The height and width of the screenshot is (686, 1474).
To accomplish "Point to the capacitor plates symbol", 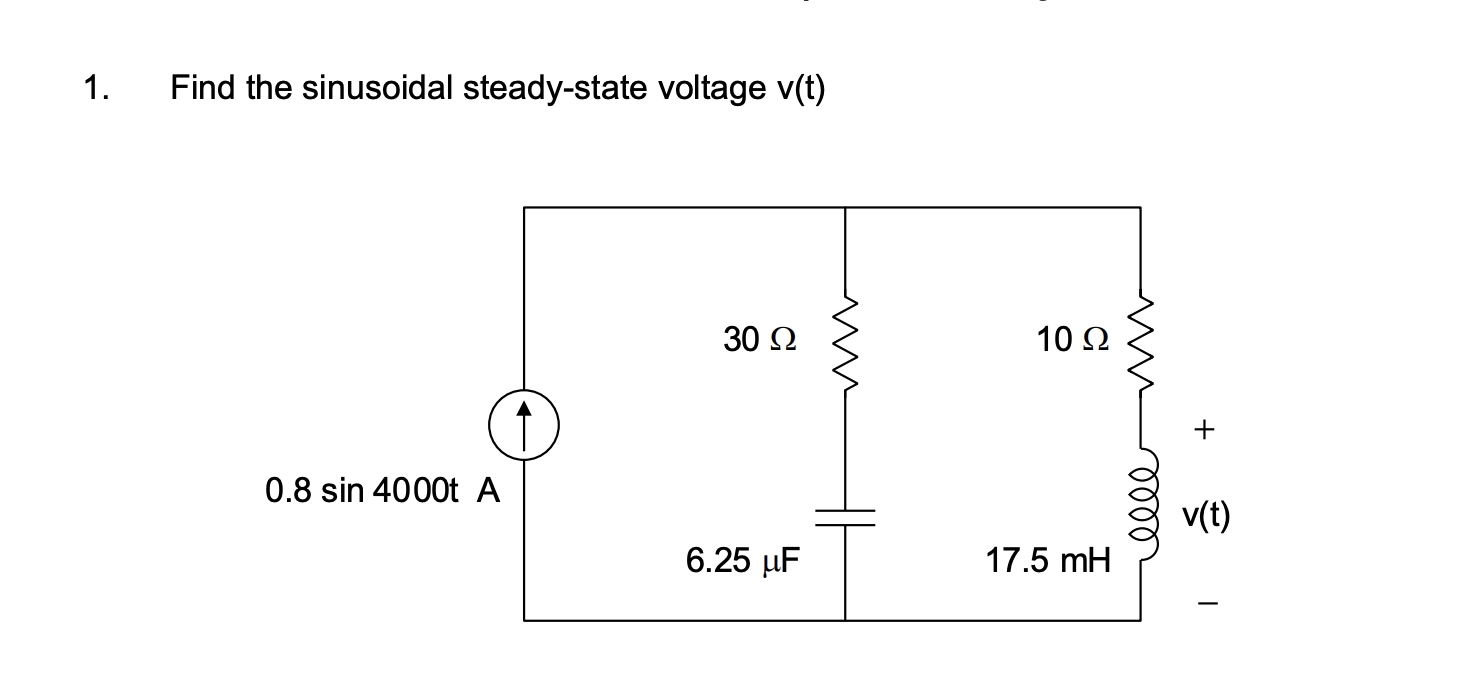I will (845, 517).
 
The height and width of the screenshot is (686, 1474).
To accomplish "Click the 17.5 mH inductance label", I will (1048, 561).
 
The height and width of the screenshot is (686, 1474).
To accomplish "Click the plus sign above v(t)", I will (1205, 430).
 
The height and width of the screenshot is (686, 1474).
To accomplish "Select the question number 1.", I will (95, 89).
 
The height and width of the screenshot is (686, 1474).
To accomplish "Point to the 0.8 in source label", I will (289, 491).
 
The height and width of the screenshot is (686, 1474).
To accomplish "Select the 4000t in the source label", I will (414, 491).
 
